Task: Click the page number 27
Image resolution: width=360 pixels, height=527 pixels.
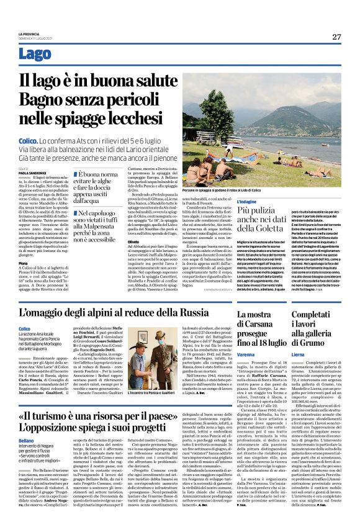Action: [336, 37]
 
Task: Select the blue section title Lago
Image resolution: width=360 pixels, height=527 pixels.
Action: [35, 54]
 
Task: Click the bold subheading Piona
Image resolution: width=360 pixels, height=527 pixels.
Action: [23, 263]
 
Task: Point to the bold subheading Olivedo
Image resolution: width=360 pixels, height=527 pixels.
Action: [134, 240]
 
